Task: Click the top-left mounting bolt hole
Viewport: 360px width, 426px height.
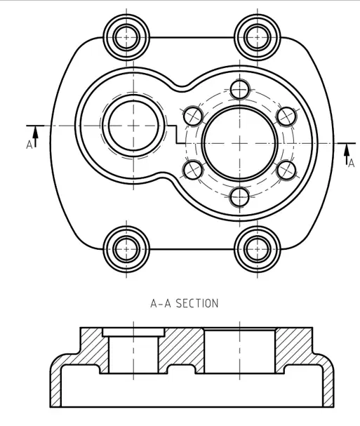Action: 126,37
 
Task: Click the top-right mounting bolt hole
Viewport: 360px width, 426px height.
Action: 257,37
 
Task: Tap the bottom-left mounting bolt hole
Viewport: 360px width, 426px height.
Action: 126,249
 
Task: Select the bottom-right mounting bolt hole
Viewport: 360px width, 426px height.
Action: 257,249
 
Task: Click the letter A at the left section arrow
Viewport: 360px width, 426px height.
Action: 29,145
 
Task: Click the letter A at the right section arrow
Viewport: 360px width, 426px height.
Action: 352,163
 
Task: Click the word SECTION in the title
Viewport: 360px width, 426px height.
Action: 197,303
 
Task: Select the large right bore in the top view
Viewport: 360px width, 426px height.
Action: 240,143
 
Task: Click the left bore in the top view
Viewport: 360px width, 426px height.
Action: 133,126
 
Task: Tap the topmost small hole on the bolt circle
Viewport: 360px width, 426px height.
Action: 239,89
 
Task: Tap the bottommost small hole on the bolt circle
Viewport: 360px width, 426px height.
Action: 239,197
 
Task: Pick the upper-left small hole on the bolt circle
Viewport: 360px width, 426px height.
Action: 193,117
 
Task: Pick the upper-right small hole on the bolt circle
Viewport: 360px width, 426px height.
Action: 286,117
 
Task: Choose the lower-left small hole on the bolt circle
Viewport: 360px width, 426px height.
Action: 193,170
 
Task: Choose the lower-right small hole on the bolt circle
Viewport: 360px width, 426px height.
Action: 286,170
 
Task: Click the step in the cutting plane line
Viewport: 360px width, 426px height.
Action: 177,134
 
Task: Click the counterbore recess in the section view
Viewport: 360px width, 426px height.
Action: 133,332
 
